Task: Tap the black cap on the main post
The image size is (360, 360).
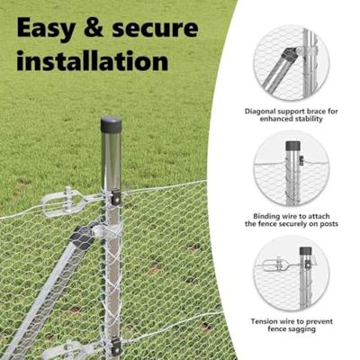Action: tap(111, 124)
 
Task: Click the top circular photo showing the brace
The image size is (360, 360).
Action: tap(291, 62)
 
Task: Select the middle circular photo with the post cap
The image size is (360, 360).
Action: tap(291, 169)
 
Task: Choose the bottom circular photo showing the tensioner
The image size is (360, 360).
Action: tap(291, 274)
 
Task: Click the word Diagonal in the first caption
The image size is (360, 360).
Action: tap(262, 111)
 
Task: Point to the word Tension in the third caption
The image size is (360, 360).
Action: tap(265, 321)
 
